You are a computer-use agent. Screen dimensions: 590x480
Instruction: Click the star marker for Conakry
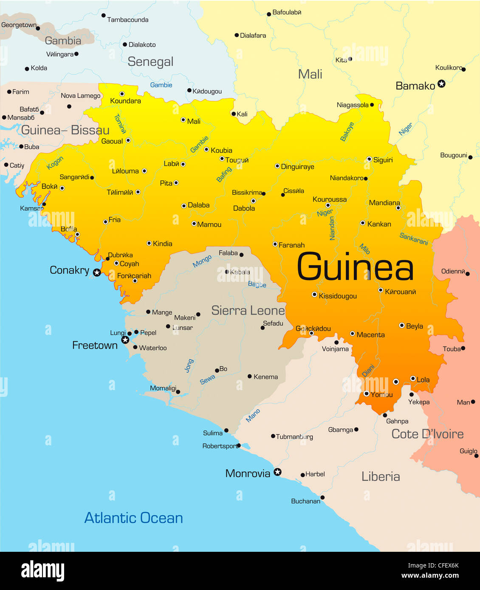point(97,273)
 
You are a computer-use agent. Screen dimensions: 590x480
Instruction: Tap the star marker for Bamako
point(441,84)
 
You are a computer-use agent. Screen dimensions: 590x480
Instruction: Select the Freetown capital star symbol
point(125,340)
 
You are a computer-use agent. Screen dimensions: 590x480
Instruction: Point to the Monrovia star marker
point(277,472)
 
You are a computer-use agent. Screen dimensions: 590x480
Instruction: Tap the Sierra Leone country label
point(248,311)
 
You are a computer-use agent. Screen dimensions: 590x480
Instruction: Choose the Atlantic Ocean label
point(133,518)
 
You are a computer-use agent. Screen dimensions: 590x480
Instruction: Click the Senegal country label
point(150,62)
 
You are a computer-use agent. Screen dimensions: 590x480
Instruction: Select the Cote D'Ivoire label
point(427,434)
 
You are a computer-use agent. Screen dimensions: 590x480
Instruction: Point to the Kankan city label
point(379,224)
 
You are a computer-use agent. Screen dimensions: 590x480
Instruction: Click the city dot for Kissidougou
point(314,294)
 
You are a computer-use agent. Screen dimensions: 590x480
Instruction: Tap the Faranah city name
point(291,245)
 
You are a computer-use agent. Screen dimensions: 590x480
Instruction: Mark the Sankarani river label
point(413,239)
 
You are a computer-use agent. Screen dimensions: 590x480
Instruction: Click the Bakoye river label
point(347,132)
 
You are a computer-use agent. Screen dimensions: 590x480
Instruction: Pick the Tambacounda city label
point(127,20)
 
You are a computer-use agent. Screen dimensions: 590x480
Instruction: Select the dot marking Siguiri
point(369,159)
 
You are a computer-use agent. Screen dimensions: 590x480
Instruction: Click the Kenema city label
point(265,377)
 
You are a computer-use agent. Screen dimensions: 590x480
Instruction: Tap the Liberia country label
point(381,477)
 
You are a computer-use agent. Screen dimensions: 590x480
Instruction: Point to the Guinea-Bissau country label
point(65,130)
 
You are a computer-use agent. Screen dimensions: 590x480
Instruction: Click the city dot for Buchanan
point(322,497)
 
